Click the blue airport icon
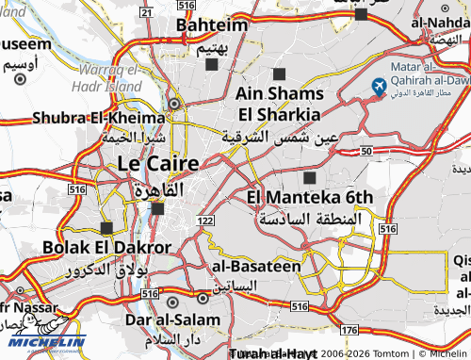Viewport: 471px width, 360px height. click(379, 88)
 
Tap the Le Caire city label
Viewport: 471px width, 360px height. click(158, 163)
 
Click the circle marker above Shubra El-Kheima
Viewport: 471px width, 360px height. click(174, 104)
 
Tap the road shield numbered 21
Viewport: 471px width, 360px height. click(144, 10)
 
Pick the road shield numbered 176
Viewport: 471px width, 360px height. click(349, 329)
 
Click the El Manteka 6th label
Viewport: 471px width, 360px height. click(310, 197)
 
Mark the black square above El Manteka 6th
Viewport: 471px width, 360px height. click(310, 177)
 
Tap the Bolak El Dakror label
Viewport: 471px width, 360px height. click(107, 248)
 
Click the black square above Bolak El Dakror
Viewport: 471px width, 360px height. click(106, 228)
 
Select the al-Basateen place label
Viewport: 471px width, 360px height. click(255, 266)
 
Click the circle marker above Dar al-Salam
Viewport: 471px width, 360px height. click(173, 302)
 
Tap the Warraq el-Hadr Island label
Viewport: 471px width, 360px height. click(110, 77)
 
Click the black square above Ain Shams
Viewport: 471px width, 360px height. click(279, 74)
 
